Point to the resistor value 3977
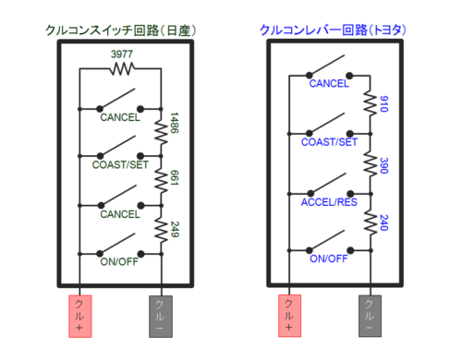(121, 54)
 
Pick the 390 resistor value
(383, 166)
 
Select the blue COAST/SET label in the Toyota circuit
(329, 142)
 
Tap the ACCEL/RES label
(329, 204)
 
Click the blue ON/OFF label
(329, 258)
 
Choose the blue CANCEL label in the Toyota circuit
(329, 84)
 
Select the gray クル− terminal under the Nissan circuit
(161, 315)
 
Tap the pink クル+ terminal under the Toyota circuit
(288, 315)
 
